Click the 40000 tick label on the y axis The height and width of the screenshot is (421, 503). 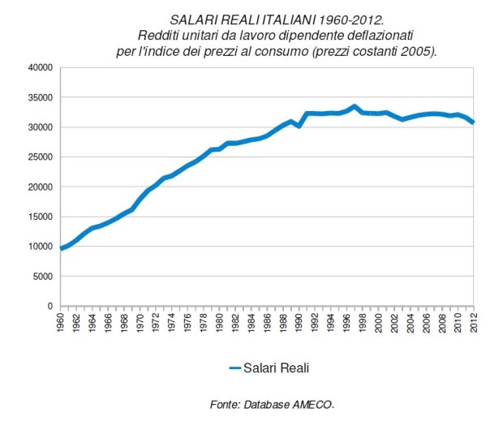click(40, 68)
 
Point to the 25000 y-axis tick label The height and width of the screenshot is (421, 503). click(40, 157)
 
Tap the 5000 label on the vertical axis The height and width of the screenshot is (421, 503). click(42, 277)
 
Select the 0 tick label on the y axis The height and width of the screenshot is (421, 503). click(49, 307)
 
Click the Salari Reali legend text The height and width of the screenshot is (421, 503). click(277, 367)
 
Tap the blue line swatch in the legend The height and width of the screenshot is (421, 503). click(234, 367)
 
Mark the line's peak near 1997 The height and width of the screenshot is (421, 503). click(355, 106)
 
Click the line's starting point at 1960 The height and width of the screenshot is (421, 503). click(62, 248)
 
